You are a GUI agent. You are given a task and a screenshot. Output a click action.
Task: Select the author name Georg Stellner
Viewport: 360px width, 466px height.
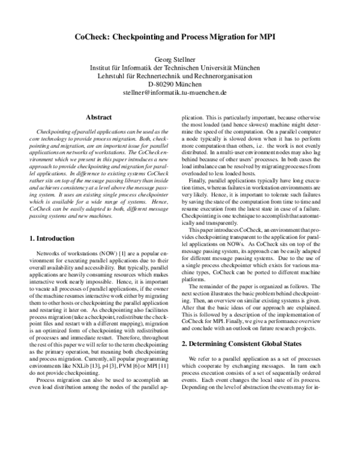179,59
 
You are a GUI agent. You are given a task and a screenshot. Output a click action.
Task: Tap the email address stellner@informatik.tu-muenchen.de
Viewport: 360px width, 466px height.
179,94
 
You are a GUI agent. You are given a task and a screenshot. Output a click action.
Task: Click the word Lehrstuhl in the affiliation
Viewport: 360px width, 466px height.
114,77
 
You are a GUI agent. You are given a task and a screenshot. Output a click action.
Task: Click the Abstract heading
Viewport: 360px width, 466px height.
100,118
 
